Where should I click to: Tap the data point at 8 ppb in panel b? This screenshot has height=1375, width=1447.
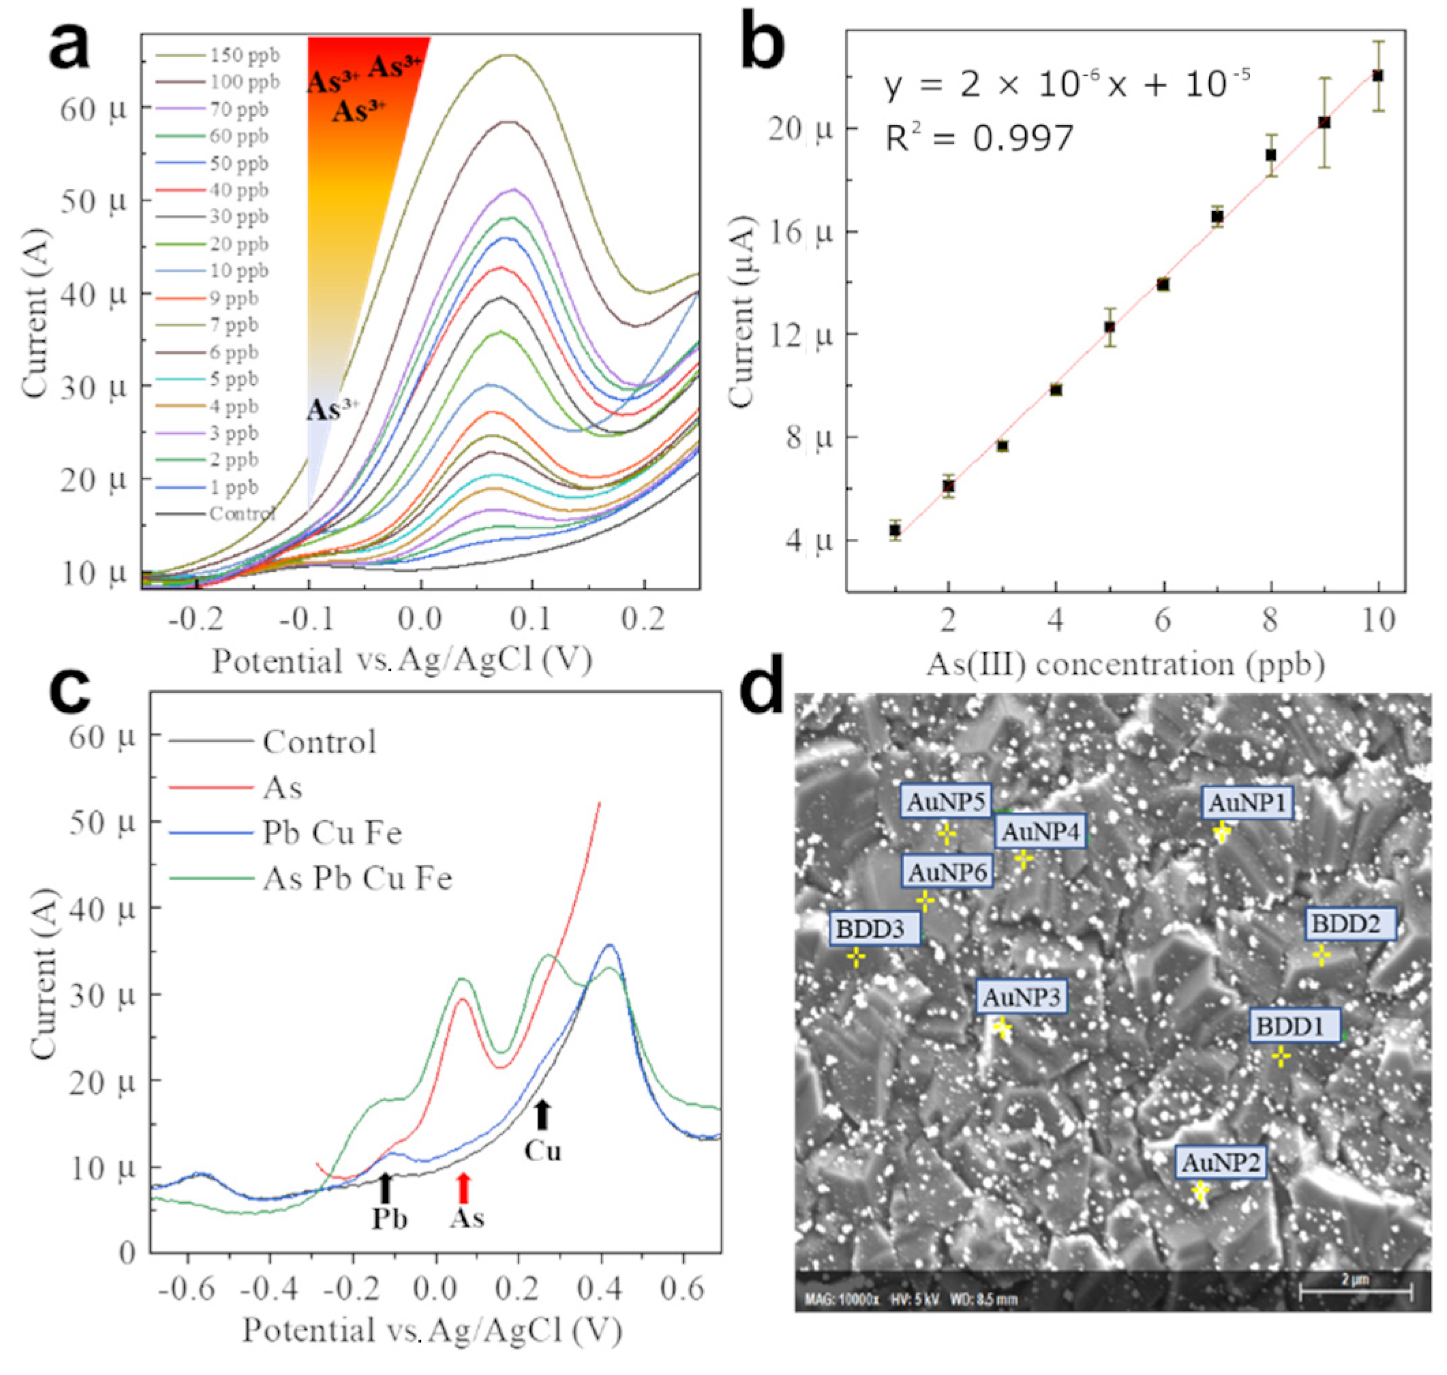pyautogui.click(x=1271, y=154)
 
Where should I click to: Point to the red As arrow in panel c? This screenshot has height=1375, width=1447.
pyautogui.click(x=462, y=1188)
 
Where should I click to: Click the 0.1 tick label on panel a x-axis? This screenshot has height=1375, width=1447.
pyautogui.click(x=530, y=619)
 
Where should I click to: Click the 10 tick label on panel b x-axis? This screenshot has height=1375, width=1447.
pyautogui.click(x=1378, y=621)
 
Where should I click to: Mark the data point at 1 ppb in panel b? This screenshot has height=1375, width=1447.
pyautogui.click(x=894, y=530)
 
